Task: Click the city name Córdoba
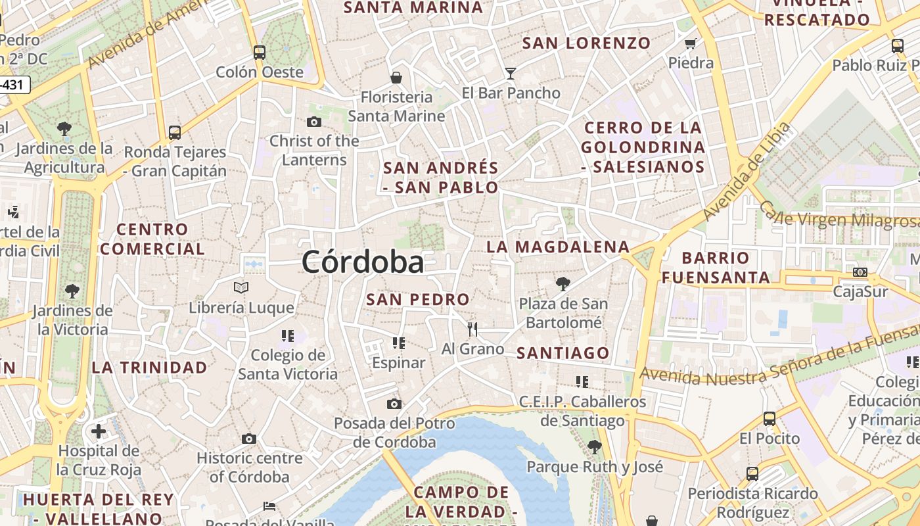(363, 262)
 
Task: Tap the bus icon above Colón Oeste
(260, 52)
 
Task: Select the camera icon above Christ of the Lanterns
(314, 122)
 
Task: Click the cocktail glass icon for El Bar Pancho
(511, 73)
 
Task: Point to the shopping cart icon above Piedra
(690, 44)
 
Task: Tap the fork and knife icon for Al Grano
(472, 329)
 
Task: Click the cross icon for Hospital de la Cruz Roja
(99, 431)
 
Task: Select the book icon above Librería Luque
(241, 287)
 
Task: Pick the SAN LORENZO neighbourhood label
(586, 43)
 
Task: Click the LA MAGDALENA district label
(558, 247)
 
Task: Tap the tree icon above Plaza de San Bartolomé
(563, 284)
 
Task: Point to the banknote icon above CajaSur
(860, 272)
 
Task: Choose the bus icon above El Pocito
(769, 418)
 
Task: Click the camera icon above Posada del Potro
(394, 404)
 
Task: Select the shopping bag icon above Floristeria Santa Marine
(396, 78)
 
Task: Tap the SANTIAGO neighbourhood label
(563, 353)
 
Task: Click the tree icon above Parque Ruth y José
(595, 447)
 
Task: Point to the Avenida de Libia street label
(747, 172)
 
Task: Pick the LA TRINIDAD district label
(149, 368)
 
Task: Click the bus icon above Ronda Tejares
(175, 133)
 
